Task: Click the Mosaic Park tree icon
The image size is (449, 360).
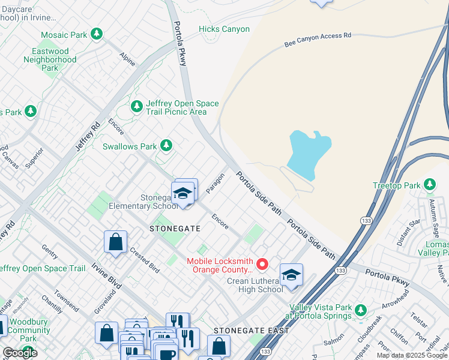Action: [96, 34]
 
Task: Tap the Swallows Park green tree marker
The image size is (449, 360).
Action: [166, 146]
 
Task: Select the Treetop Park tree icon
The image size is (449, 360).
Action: [430, 185]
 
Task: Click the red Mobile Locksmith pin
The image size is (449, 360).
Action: [262, 264]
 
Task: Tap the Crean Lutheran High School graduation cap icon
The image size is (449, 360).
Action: [291, 275]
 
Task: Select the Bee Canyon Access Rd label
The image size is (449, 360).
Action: [317, 40]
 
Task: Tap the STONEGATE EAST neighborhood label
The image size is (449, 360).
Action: [252, 331]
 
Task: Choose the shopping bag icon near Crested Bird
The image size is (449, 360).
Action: [115, 242]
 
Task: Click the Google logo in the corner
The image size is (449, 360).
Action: [20, 353]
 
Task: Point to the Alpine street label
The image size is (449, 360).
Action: [127, 59]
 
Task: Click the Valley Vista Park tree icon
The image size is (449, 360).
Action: [360, 310]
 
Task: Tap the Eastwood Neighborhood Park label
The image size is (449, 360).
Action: [54, 60]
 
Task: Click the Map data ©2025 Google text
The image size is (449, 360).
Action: [412, 355]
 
